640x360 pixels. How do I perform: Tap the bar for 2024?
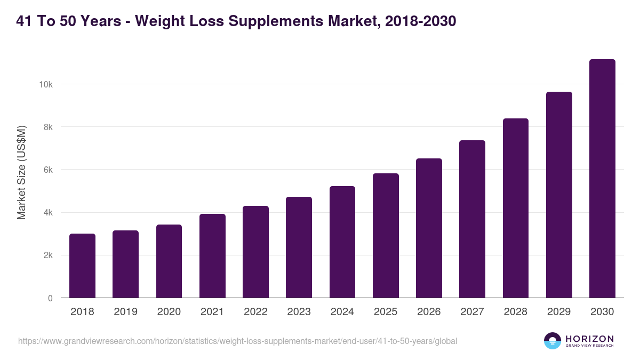pyautogui.click(x=342, y=242)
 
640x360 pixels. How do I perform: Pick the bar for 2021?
pyautogui.click(x=212, y=256)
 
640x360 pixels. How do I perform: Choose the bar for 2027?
pyautogui.click(x=472, y=219)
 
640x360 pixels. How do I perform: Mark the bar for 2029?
pyautogui.click(x=559, y=195)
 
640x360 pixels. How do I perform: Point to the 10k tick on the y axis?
pyautogui.click(x=45, y=84)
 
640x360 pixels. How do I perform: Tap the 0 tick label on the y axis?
pyautogui.click(x=50, y=298)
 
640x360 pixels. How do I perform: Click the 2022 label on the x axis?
pyautogui.click(x=255, y=312)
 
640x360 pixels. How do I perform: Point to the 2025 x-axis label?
pyautogui.click(x=386, y=312)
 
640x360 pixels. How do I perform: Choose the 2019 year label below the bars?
pyautogui.click(x=125, y=312)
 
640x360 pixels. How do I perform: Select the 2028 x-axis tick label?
pyautogui.click(x=516, y=312)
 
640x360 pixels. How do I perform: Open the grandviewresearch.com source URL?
pyautogui.click(x=237, y=341)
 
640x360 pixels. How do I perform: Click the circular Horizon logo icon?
pyautogui.click(x=552, y=341)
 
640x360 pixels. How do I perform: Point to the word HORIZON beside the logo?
pyautogui.click(x=589, y=338)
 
